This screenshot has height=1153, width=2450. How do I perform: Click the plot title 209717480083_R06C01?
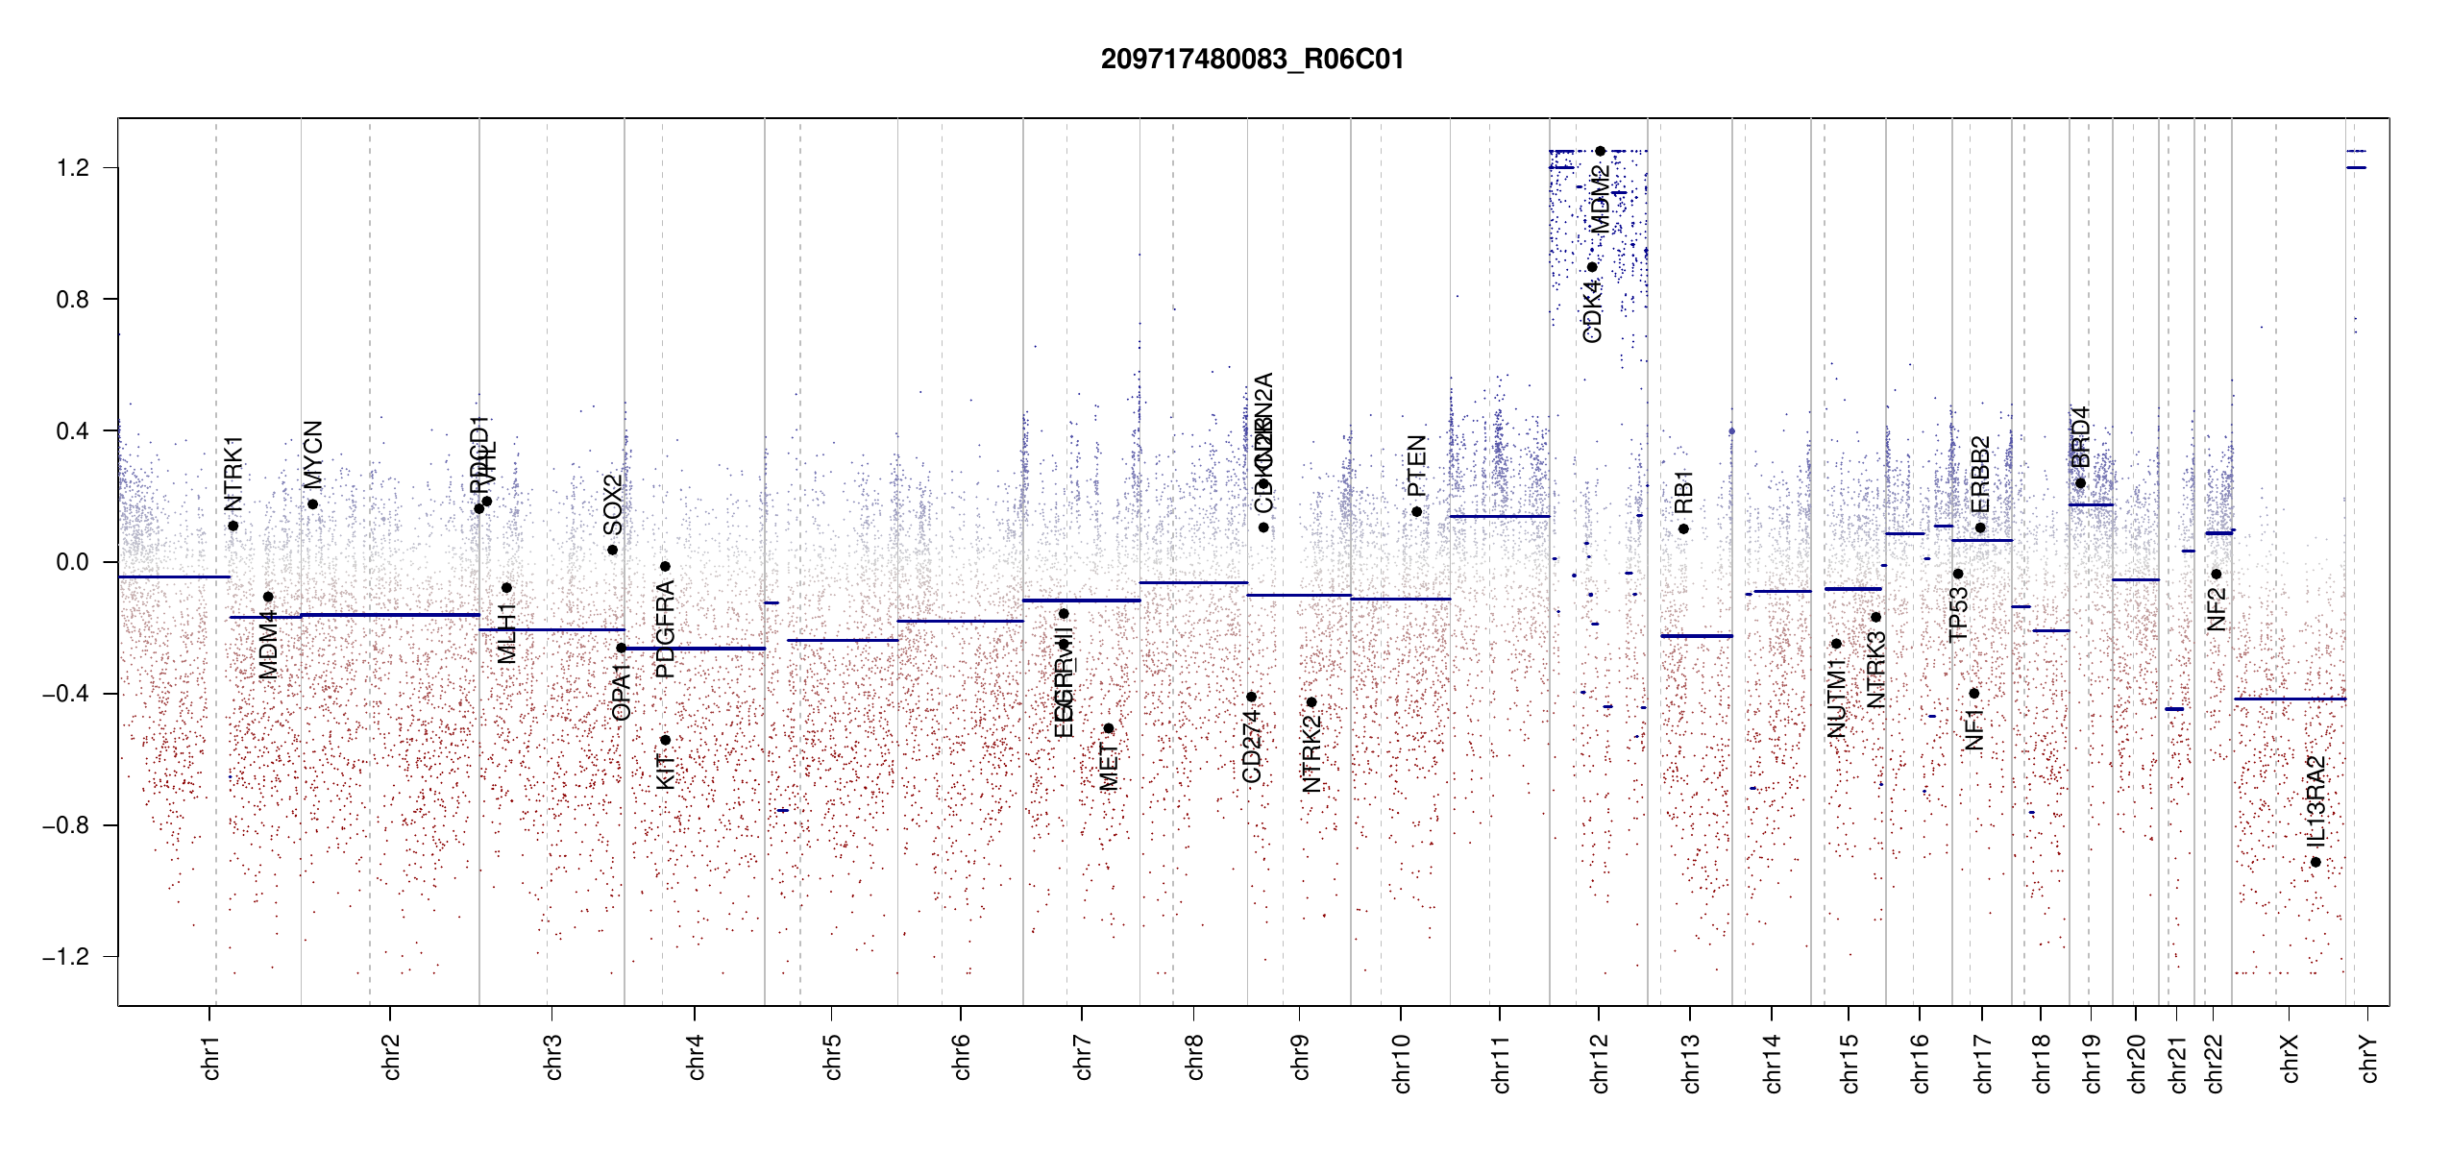coord(1252,60)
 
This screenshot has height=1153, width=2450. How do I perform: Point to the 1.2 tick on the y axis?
coord(73,168)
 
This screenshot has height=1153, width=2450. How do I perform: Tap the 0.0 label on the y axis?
coord(73,562)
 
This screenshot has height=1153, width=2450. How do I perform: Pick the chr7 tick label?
coord(1083,1058)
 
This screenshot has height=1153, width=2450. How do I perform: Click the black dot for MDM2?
coord(1600,151)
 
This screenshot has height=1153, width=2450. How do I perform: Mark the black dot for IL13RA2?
coord(2315,862)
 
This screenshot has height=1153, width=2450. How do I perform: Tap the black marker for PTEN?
coord(1416,512)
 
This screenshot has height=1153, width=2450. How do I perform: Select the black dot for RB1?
coord(1683,529)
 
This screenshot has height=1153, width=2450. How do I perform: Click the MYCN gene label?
coord(313,454)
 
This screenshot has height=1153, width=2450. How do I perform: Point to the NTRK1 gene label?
coord(233,474)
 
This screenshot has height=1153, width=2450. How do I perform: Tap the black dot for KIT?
coord(665,740)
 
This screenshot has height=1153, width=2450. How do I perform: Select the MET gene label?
coord(1109,767)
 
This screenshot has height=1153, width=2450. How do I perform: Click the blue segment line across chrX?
coord(2290,699)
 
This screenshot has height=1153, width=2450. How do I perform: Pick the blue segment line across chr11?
coord(1499,517)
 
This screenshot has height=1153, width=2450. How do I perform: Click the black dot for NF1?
coord(1973,694)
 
